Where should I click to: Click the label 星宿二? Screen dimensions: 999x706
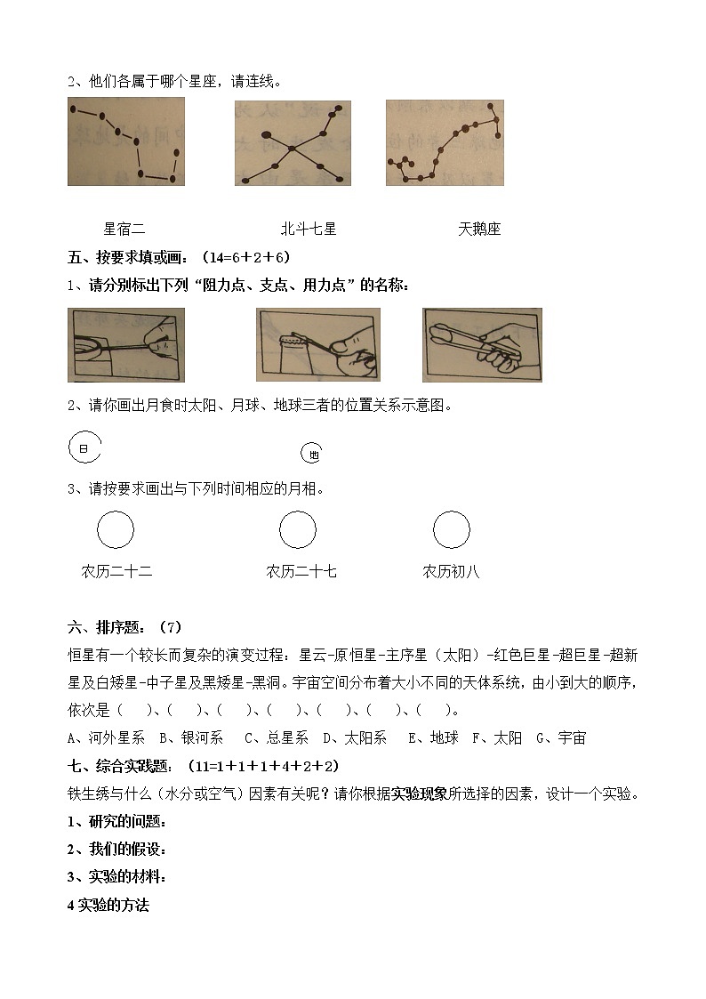124,229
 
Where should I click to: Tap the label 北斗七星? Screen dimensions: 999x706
309,229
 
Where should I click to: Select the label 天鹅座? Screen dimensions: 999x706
479,229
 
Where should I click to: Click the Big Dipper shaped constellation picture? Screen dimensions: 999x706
126,141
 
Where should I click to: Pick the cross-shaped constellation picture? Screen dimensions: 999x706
293,142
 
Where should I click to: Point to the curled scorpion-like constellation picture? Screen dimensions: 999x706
445,142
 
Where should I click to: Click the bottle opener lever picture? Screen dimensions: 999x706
318,345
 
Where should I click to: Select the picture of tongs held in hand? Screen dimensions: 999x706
482,345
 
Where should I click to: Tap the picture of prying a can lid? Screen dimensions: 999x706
126,345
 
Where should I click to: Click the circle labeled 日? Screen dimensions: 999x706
84,449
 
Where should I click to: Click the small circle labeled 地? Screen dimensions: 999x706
311,454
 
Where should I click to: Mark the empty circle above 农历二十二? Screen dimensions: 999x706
115,530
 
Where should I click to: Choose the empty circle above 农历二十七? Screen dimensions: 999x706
298,530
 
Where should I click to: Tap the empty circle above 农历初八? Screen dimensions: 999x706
452,530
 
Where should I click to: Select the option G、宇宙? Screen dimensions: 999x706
560,737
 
